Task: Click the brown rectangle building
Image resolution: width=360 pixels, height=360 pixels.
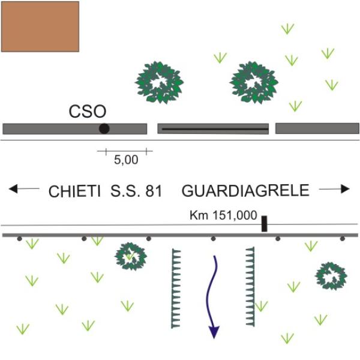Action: point(40,26)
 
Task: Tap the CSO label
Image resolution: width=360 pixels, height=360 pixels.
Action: point(88,112)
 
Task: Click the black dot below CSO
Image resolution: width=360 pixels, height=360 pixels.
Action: point(104,128)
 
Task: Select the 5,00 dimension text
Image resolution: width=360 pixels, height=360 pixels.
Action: point(126,160)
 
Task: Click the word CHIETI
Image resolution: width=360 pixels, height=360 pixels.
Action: point(74,191)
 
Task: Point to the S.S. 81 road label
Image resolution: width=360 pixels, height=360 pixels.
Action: point(136,191)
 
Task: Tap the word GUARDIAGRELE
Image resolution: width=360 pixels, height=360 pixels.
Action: point(245,190)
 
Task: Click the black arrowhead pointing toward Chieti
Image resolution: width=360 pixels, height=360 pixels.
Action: point(13,189)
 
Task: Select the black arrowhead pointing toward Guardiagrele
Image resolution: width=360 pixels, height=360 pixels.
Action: point(345,189)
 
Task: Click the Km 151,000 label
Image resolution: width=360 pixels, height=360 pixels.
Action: point(223,215)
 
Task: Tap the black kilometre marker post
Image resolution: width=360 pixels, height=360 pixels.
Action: point(264,224)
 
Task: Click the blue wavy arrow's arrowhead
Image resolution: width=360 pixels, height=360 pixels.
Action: point(214,332)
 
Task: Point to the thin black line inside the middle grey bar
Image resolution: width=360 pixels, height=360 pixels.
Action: point(215,129)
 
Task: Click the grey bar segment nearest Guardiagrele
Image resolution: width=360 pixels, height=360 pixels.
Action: point(317,128)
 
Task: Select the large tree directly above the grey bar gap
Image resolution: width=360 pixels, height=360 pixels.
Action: point(159,83)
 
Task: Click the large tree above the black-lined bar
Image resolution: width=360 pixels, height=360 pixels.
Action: point(254,83)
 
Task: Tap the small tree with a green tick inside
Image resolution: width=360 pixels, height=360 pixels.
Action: point(131,256)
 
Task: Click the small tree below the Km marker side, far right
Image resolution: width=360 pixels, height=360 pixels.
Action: point(331,276)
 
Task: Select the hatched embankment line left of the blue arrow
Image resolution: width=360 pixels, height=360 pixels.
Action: point(176,289)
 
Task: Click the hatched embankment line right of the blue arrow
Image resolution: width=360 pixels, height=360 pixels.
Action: point(250,287)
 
